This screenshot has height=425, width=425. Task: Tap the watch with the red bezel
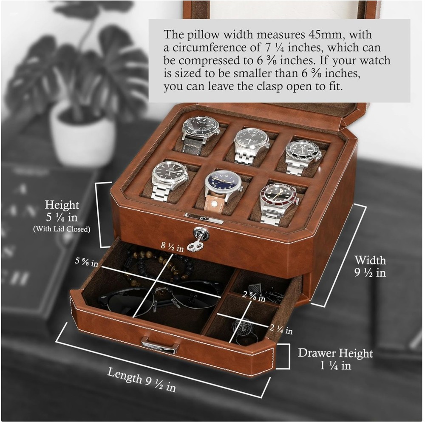(x=278, y=198)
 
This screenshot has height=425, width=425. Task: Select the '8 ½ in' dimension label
(x=172, y=247)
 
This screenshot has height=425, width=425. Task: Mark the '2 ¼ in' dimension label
(x=281, y=329)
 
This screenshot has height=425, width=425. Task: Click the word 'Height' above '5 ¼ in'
(x=62, y=204)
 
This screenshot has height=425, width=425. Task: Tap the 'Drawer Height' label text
(x=335, y=353)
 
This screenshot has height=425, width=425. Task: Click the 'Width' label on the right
(x=370, y=260)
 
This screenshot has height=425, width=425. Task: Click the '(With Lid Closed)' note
(x=62, y=229)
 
